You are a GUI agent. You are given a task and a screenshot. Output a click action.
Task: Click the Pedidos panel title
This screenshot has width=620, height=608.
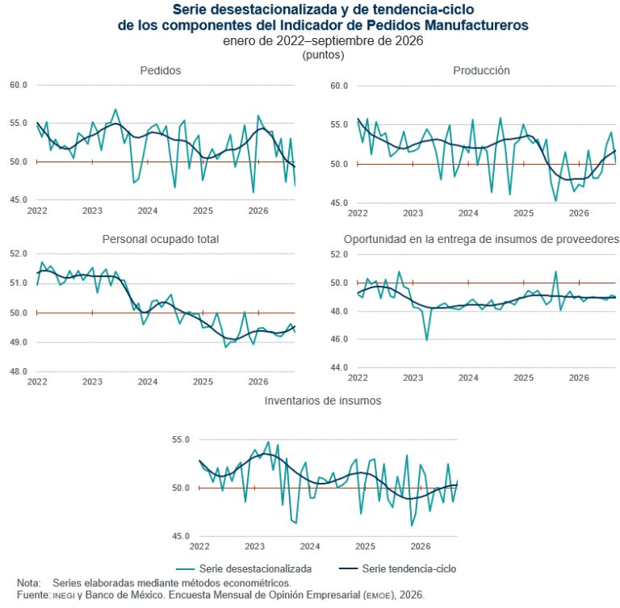click(161, 70)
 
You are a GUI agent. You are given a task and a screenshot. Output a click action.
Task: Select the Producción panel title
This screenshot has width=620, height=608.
click(481, 70)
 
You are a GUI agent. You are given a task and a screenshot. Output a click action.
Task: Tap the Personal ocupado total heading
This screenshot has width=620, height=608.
click(161, 239)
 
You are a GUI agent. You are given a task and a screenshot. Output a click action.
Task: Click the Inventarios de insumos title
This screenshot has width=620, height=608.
click(323, 400)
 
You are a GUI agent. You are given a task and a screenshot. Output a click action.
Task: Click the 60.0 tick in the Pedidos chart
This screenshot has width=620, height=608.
click(19, 85)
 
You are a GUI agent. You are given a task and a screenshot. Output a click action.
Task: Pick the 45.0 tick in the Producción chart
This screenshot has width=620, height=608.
click(339, 203)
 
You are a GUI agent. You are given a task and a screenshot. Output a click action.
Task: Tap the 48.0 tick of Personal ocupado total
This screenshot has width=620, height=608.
click(19, 372)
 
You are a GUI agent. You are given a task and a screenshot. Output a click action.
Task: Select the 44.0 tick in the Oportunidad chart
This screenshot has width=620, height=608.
click(339, 368)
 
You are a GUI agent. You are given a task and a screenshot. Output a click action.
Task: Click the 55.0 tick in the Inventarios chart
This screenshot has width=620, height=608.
click(181, 440)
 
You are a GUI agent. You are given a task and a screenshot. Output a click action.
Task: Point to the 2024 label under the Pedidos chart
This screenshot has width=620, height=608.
click(148, 212)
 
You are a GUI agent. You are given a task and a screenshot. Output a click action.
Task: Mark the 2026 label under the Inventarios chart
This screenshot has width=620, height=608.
click(421, 547)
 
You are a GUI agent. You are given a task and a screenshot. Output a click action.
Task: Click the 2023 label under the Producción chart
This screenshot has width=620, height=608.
click(413, 214)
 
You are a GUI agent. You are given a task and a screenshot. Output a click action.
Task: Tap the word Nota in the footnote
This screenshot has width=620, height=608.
click(29, 583)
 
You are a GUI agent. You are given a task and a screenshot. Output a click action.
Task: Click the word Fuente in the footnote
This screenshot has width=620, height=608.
click(34, 595)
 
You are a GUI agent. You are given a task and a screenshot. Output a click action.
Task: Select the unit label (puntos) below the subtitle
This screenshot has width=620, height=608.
click(323, 55)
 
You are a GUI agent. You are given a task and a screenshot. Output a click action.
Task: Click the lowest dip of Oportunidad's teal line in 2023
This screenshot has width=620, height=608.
click(426, 340)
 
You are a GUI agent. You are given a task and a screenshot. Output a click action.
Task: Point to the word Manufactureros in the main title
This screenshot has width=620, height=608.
click(477, 25)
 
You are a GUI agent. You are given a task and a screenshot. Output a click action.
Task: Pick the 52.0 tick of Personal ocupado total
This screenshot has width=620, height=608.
click(19, 254)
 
